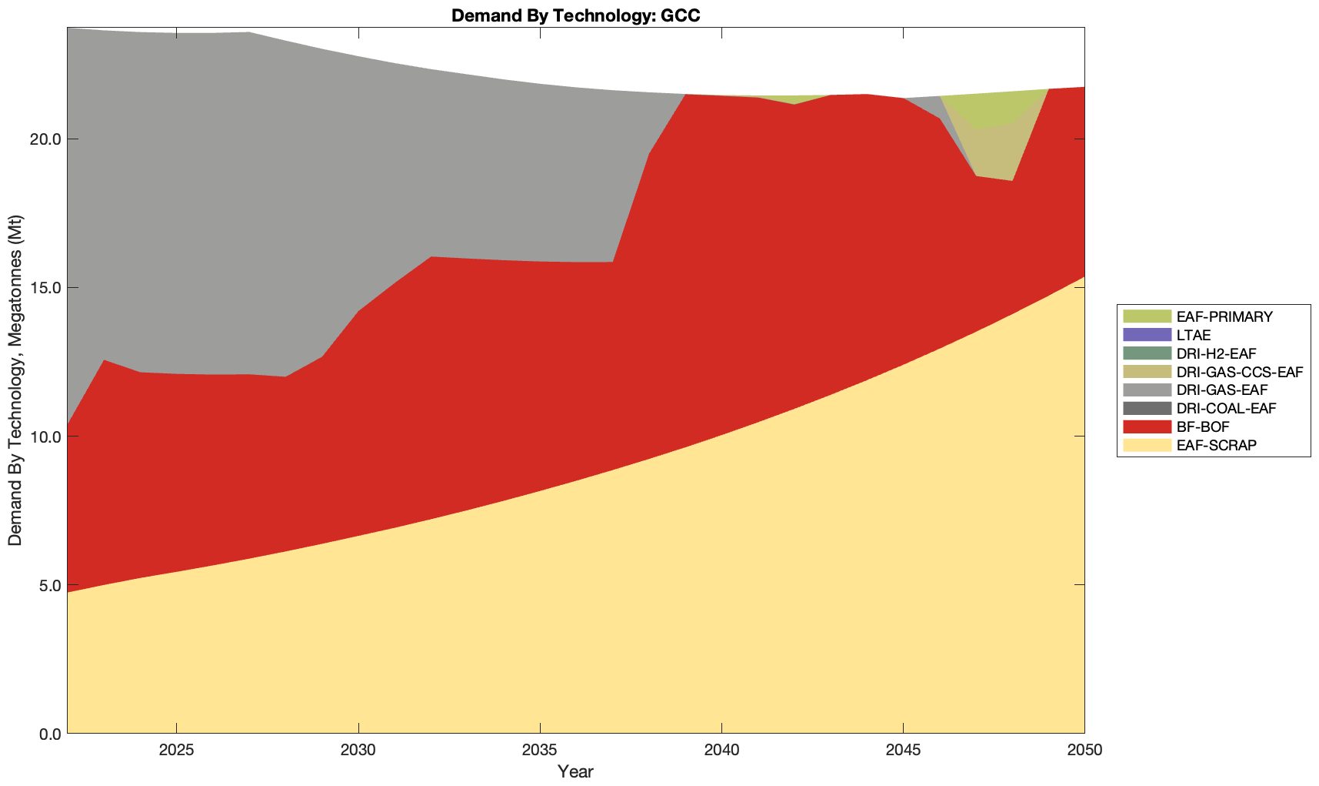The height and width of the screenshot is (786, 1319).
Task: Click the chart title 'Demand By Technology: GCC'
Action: coord(575,15)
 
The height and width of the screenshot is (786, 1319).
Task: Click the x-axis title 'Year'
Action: coord(575,771)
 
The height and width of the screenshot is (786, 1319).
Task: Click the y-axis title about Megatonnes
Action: coord(15,380)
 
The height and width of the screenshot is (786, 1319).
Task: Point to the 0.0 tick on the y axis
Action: coord(48,734)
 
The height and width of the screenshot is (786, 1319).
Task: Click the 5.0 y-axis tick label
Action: coord(48,585)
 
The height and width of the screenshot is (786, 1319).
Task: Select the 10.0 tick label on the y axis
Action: coord(45,436)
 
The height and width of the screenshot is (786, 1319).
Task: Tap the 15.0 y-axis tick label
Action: coord(45,288)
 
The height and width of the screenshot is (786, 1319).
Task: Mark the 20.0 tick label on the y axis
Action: coord(45,139)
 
